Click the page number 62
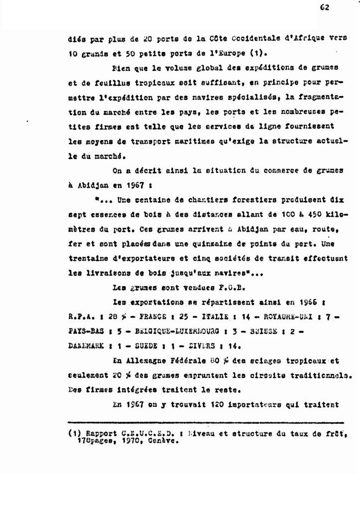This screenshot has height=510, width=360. pos(325,7)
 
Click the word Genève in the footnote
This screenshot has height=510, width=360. pos(163,441)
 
